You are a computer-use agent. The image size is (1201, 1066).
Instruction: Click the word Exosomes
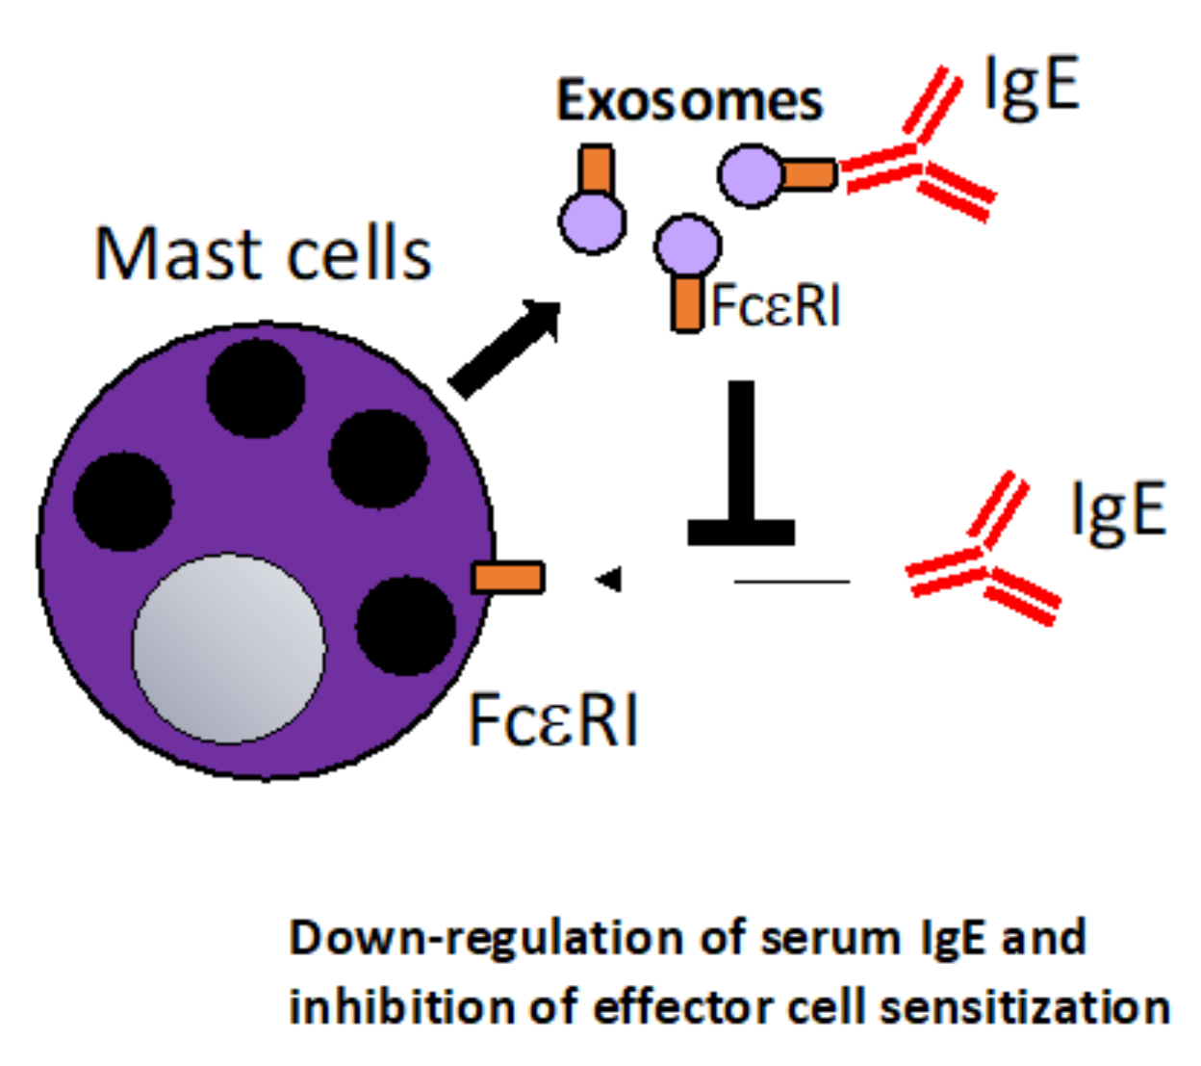click(x=689, y=100)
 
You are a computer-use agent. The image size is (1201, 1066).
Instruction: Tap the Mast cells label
click(x=263, y=254)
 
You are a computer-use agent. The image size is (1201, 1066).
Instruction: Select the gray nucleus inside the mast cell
click(x=228, y=648)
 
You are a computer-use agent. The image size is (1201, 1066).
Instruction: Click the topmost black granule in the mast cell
click(x=256, y=388)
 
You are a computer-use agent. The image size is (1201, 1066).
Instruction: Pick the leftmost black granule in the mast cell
click(x=122, y=501)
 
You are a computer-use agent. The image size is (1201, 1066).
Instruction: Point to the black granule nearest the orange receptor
click(x=405, y=626)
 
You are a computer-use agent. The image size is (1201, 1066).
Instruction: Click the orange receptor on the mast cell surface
click(x=508, y=578)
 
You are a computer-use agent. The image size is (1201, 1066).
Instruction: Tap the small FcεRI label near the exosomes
click(x=776, y=306)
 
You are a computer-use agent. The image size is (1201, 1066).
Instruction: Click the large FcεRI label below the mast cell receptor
click(x=552, y=719)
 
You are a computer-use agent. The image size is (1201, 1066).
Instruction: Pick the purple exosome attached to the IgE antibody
click(x=751, y=176)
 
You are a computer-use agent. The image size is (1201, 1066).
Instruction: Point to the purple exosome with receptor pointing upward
click(x=593, y=221)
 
